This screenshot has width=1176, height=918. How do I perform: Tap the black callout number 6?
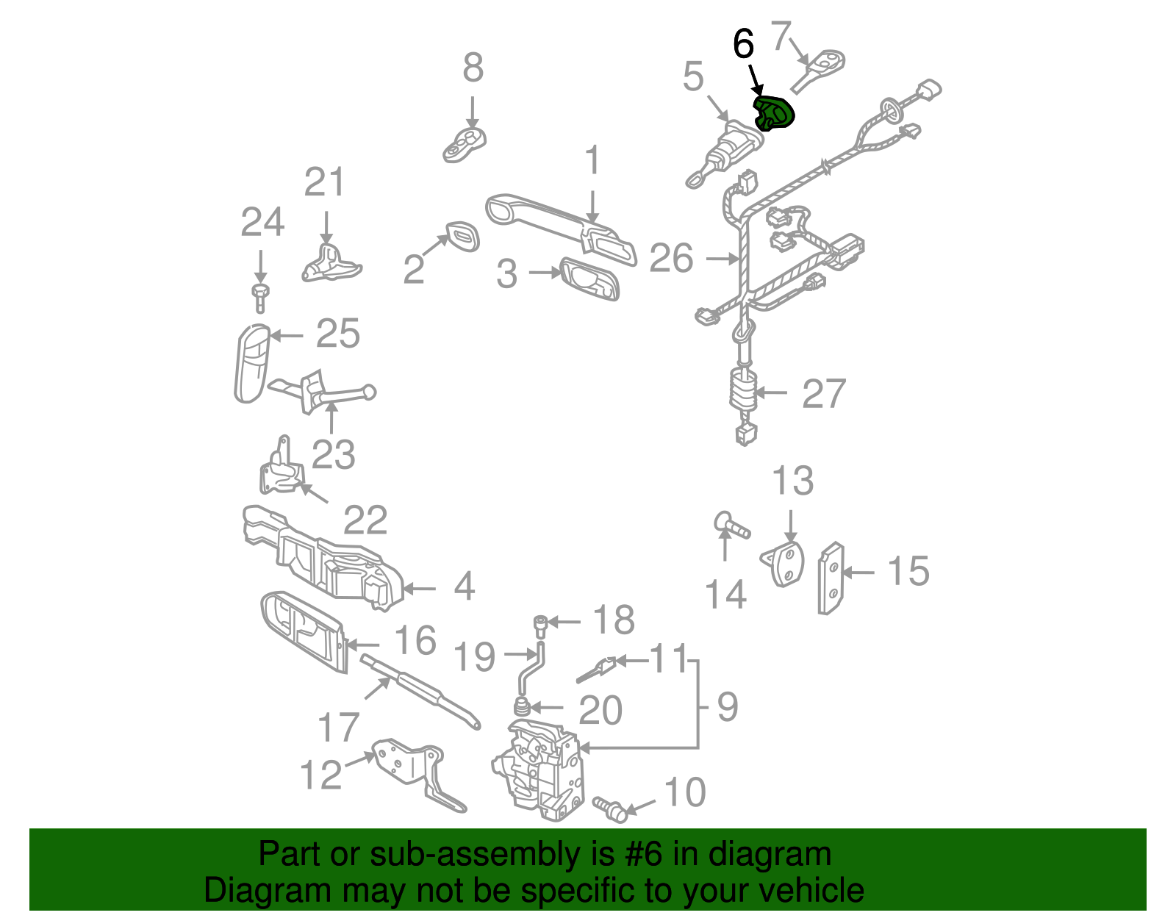pyautogui.click(x=743, y=44)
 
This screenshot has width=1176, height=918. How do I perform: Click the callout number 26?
pyautogui.click(x=671, y=258)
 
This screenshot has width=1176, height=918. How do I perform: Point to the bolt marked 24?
pyautogui.click(x=260, y=298)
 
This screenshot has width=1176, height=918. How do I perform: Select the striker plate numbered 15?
pyautogui.click(x=831, y=578)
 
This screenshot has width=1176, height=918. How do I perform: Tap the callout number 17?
pyautogui.click(x=338, y=728)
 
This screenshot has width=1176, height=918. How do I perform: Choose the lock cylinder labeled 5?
pyautogui.click(x=725, y=154)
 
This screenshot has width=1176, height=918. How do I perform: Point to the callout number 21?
pyautogui.click(x=324, y=182)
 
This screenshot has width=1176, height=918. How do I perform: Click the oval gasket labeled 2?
pyautogui.click(x=463, y=237)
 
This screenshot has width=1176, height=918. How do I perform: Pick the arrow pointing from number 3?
pyautogui.click(x=545, y=272)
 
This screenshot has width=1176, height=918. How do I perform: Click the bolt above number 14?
pyautogui.click(x=731, y=523)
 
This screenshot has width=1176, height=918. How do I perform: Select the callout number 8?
pyautogui.click(x=473, y=68)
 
